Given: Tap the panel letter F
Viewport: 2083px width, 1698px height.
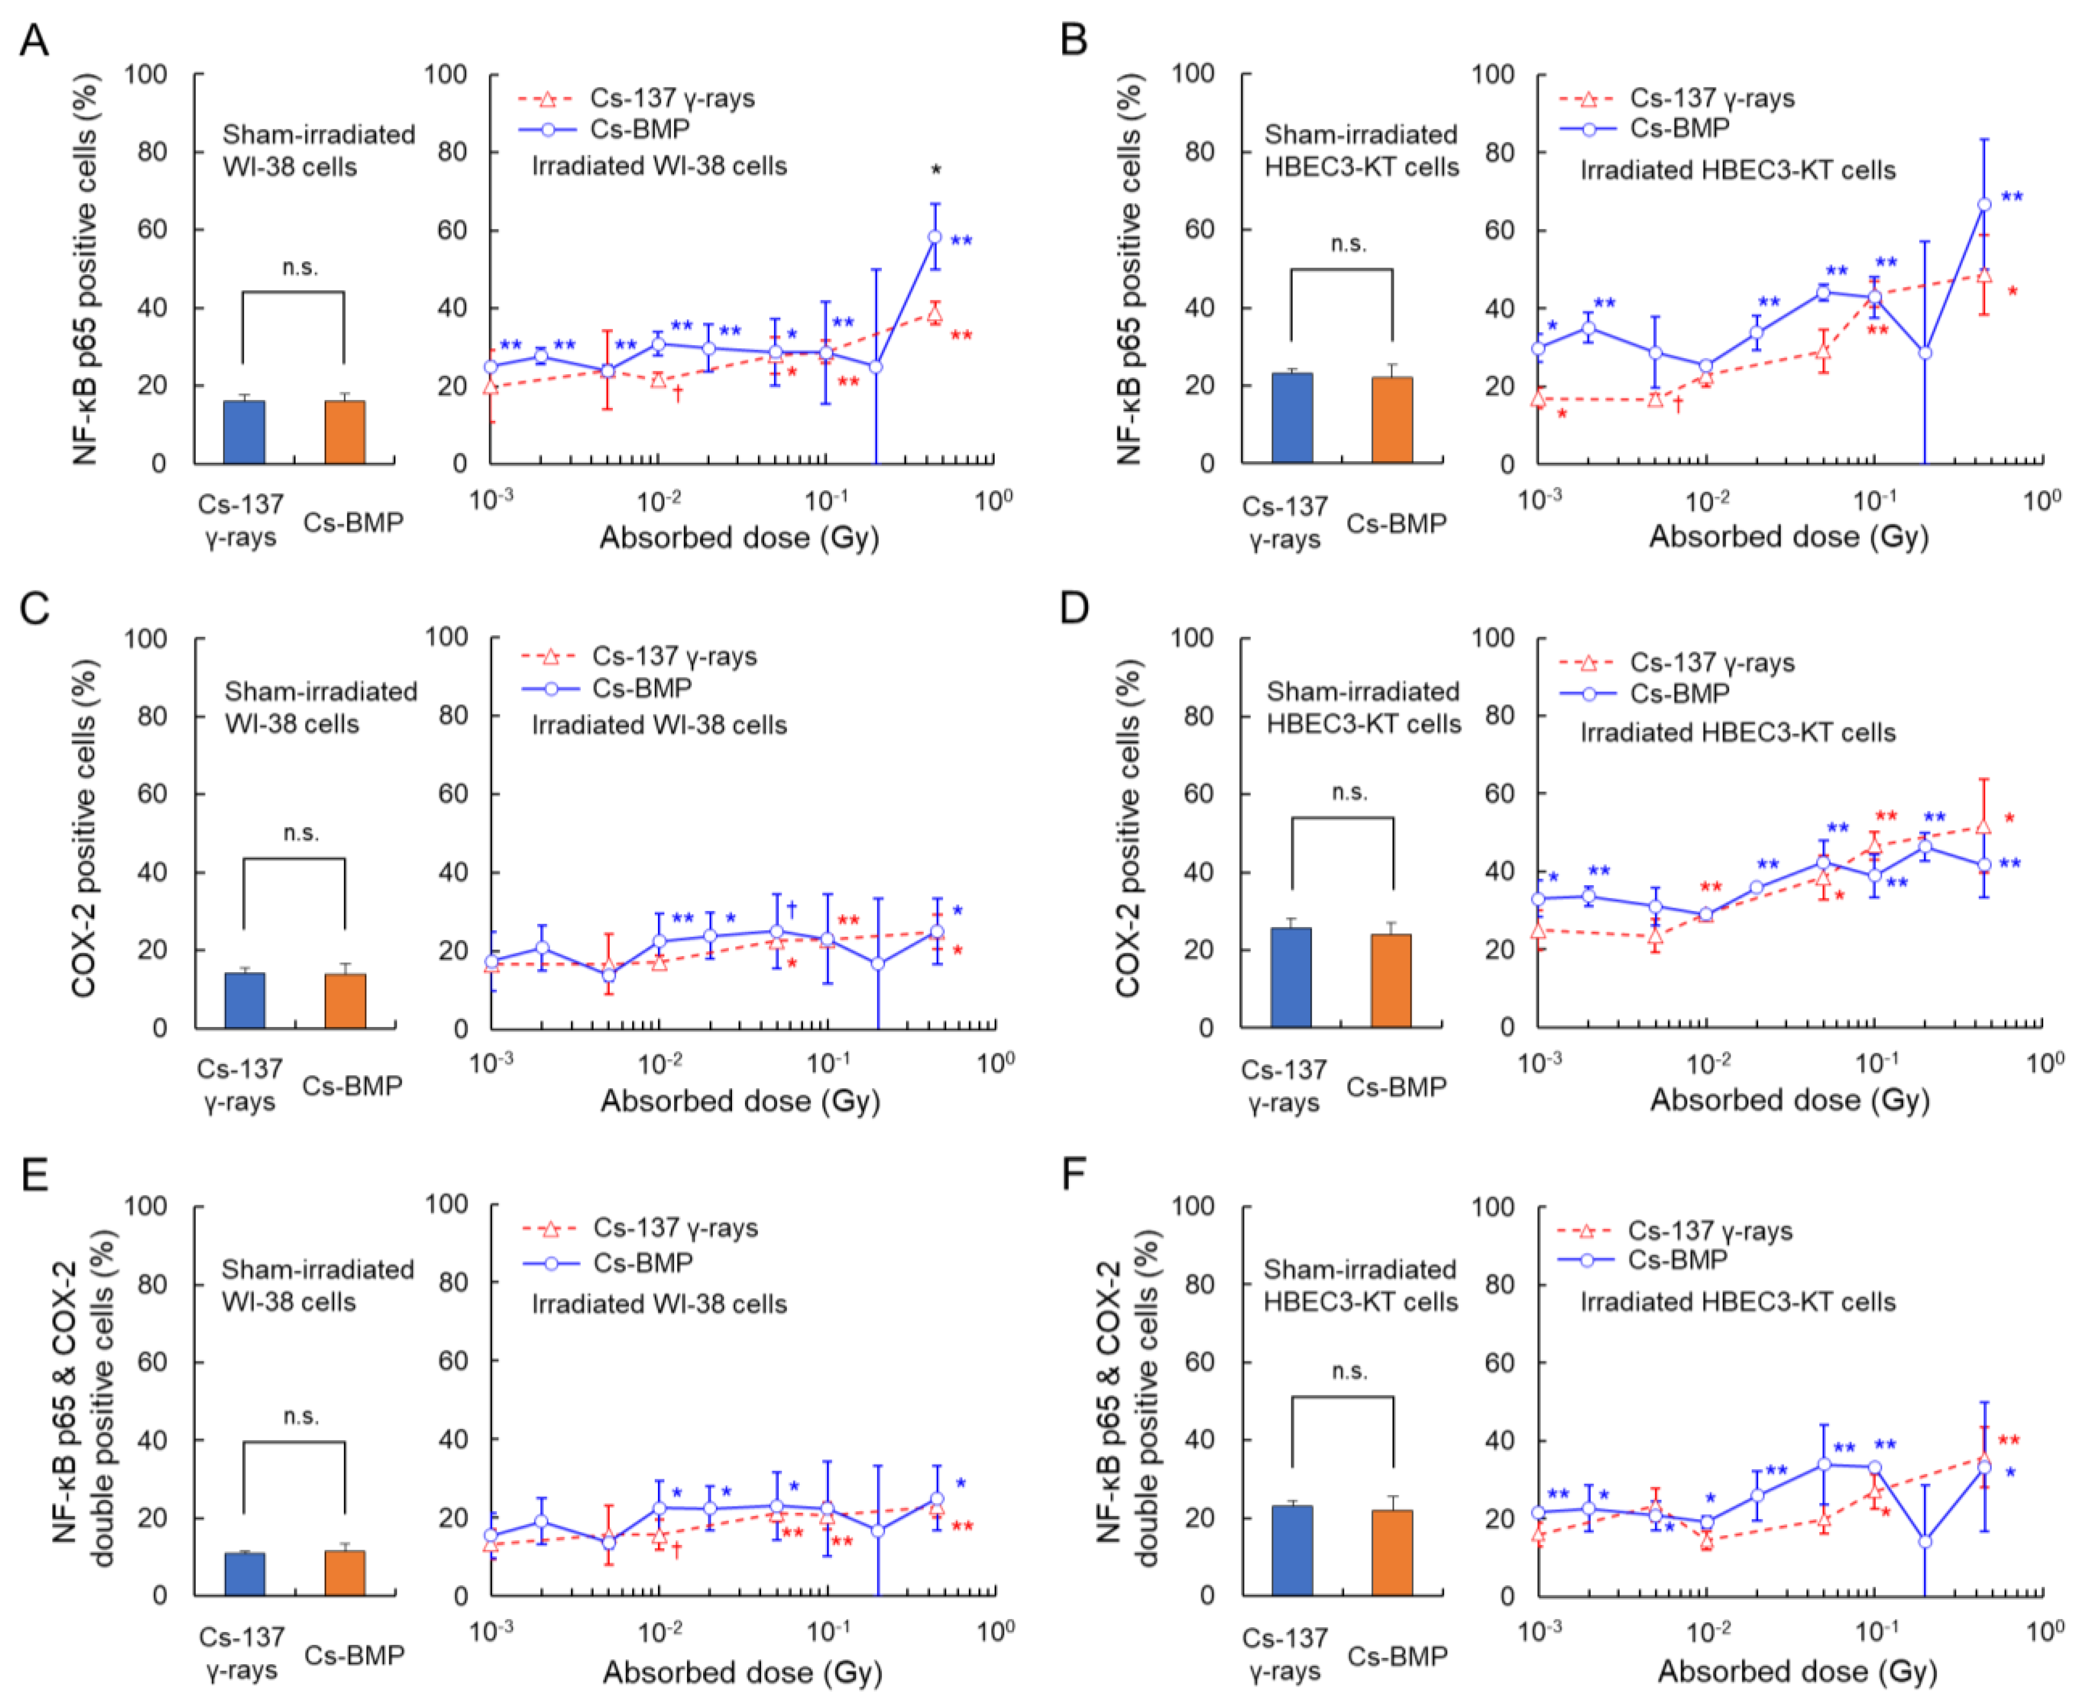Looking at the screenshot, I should [x=1074, y=1174].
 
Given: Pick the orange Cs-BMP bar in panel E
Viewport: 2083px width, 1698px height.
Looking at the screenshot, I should [x=345, y=1572].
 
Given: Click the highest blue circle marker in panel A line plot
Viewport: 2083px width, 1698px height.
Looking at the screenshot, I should [x=935, y=237].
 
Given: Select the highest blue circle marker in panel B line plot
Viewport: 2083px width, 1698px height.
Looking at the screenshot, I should [x=1984, y=205].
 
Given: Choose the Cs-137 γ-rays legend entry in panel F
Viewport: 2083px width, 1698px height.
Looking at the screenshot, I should [x=1709, y=1230].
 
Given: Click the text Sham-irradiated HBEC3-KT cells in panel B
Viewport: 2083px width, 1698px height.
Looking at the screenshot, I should [x=1361, y=151].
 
